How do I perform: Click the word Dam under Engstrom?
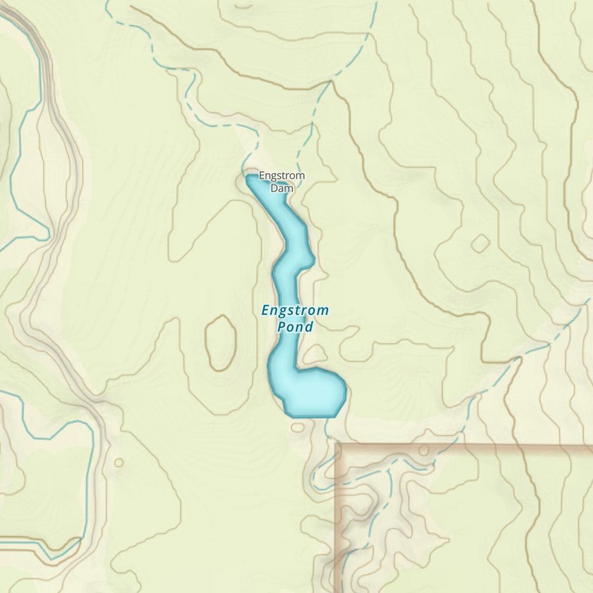(x=282, y=189)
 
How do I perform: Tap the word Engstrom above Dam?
(x=282, y=176)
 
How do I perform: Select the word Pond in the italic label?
(x=295, y=327)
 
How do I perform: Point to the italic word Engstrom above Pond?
(x=295, y=310)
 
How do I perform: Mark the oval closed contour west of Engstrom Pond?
(x=221, y=343)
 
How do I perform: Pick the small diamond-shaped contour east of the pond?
(x=480, y=243)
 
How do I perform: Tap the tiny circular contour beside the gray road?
(x=119, y=463)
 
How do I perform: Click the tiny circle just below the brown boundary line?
(x=423, y=451)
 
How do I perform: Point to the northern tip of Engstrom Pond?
(x=249, y=177)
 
